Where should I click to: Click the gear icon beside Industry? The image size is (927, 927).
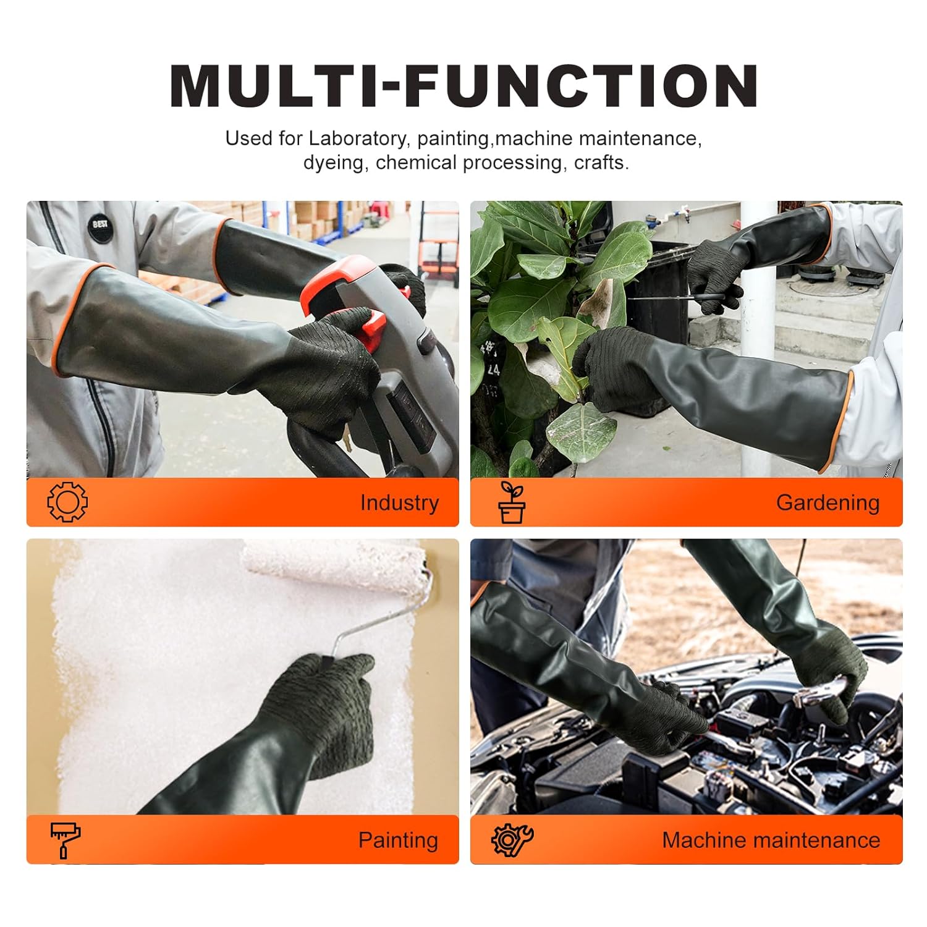pyautogui.click(x=67, y=502)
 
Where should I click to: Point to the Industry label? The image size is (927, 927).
pyautogui.click(x=399, y=502)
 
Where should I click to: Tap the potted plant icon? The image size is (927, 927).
pyautogui.click(x=512, y=502)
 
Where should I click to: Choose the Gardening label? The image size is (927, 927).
pyautogui.click(x=828, y=502)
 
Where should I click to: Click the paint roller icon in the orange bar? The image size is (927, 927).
pyautogui.click(x=65, y=840)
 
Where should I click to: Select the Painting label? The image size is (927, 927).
pyautogui.click(x=398, y=840)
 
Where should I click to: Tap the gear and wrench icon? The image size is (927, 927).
pyautogui.click(x=512, y=840)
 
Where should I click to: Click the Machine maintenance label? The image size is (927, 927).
pyautogui.click(x=771, y=840)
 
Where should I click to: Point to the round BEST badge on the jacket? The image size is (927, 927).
pyautogui.click(x=99, y=224)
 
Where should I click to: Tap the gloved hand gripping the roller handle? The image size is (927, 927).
pyautogui.click(x=328, y=698)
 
